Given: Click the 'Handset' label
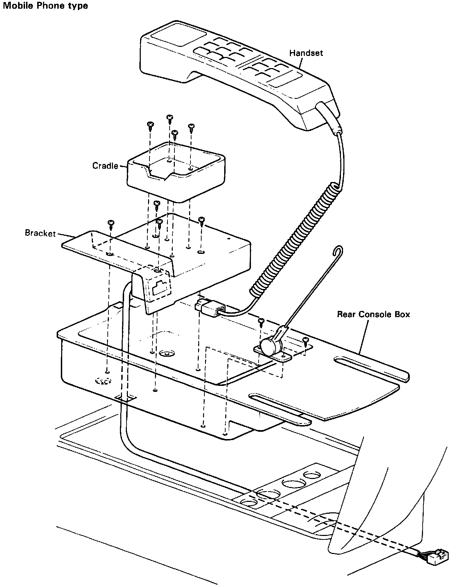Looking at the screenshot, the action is click(x=306, y=53).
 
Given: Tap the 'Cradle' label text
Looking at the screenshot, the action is click(x=105, y=166).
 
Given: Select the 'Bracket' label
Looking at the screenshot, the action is click(x=40, y=233).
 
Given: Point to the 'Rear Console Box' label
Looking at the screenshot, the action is click(x=373, y=315).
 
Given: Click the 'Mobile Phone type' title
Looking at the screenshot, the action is click(x=46, y=6).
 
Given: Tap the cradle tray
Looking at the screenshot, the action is click(x=176, y=172).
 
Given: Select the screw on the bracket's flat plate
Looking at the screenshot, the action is click(x=111, y=224).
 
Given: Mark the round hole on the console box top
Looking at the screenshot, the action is click(x=167, y=354).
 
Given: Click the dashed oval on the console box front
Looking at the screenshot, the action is click(x=103, y=381).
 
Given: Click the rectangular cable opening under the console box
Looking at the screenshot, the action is click(x=125, y=398).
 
